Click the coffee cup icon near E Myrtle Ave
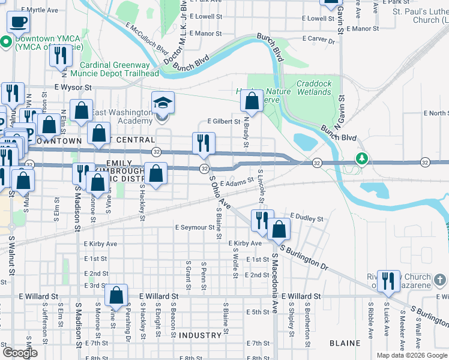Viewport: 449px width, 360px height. pyautogui.click(x=19, y=22)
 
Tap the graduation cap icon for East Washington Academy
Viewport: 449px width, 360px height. pyautogui.click(x=163, y=103)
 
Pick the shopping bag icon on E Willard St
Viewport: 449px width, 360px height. pyautogui.click(x=116, y=295)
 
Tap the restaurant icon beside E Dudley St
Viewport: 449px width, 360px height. pyautogui.click(x=262, y=220)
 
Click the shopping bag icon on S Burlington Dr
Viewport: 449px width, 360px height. pyautogui.click(x=279, y=229)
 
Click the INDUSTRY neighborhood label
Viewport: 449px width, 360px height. pyautogui.click(x=200, y=335)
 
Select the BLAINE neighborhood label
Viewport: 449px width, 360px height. pyautogui.click(x=345, y=343)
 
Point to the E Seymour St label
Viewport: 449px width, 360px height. pyautogui.click(x=194, y=227)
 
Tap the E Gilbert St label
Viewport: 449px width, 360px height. pyautogui.click(x=223, y=121)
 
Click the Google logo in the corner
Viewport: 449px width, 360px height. pyautogui.click(x=20, y=353)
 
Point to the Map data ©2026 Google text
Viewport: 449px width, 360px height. pyautogui.click(x=412, y=355)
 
